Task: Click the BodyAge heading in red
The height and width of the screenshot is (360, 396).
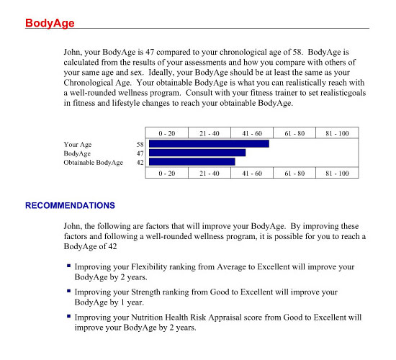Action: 50,23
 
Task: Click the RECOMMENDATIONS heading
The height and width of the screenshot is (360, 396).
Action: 70,205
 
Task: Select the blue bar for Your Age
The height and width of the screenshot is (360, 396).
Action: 209,144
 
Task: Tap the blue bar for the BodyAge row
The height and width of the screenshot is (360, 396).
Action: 197,153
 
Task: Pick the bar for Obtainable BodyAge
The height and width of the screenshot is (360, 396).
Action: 192,163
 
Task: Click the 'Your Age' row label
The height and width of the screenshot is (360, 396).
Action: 78,144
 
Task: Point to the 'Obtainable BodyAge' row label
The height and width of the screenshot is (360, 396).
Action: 93,163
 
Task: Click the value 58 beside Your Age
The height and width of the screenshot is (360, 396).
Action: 140,144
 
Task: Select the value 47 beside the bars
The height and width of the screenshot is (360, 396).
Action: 140,153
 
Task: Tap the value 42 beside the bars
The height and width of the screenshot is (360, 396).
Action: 140,163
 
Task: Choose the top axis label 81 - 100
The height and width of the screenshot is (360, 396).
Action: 337,133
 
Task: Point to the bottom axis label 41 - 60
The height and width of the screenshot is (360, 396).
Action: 252,174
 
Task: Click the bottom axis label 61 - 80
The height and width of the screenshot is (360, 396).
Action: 294,174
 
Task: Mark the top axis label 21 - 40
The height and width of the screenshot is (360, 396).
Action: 210,133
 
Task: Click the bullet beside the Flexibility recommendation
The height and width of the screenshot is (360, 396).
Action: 68,266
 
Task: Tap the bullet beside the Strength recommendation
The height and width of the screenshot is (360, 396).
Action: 68,291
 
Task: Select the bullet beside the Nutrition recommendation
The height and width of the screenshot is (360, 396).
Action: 68,316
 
